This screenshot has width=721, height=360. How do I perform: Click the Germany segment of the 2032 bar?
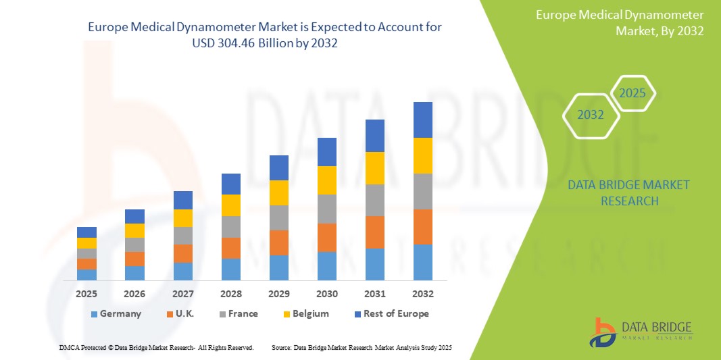(423, 262)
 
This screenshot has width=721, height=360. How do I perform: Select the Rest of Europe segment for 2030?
(327, 152)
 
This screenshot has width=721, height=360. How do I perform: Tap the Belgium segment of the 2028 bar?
(231, 205)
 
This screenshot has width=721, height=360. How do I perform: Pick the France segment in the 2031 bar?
(375, 200)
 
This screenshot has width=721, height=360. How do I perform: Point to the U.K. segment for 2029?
(279, 242)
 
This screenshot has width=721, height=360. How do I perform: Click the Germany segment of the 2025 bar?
(86, 275)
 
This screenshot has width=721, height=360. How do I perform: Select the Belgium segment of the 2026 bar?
(134, 230)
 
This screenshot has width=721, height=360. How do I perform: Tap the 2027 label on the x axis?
(182, 294)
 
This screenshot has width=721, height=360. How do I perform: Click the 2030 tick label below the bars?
(327, 294)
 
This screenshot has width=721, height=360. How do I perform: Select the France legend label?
(243, 313)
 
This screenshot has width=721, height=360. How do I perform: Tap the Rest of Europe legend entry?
(396, 313)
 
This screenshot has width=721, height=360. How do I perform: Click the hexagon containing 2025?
(632, 93)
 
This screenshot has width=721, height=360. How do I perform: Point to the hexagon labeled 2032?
(591, 115)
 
